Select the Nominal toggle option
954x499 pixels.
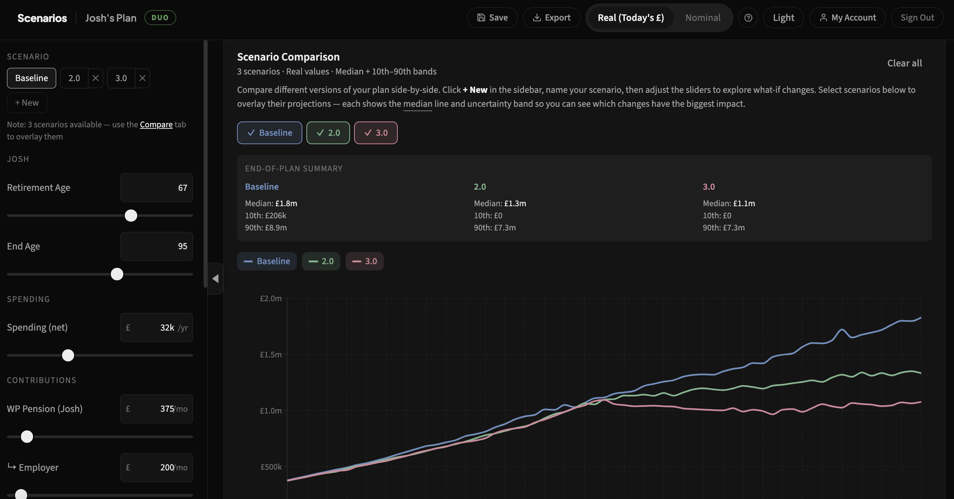coord(703,17)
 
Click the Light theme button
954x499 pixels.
coord(783,17)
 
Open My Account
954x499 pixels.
coord(847,17)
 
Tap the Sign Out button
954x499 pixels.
coord(917,17)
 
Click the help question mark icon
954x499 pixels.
coord(748,17)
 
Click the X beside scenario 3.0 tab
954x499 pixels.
coord(142,78)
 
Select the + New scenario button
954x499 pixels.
coord(27,103)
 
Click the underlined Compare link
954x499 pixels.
coord(156,124)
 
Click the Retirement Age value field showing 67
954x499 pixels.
coord(156,187)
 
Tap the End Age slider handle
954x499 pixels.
coord(117,274)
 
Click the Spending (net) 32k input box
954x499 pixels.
coord(156,328)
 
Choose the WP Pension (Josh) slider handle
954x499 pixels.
coord(27,437)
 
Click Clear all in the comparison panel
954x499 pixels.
coord(904,63)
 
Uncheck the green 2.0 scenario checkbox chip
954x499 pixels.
coord(328,132)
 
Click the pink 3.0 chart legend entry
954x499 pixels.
coord(364,261)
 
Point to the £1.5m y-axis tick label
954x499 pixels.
coord(270,354)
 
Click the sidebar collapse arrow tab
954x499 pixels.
coord(215,278)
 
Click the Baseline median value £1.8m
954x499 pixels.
coord(286,203)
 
